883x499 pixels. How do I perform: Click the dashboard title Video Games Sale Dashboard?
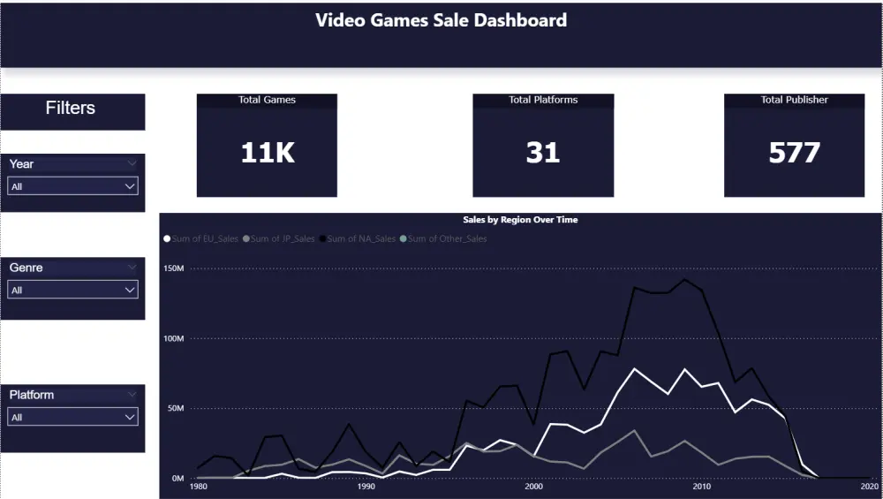point(441,19)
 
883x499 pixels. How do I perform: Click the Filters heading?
point(71,108)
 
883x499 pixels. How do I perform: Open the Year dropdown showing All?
point(72,186)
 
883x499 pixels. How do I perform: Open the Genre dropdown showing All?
point(72,290)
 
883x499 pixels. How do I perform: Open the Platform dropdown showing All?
point(72,417)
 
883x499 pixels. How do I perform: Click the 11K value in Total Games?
point(267,153)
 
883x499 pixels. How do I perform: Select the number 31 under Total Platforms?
point(542,153)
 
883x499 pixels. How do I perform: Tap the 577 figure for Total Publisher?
point(794,153)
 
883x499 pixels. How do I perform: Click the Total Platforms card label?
point(543,100)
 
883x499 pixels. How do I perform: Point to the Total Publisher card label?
point(794,100)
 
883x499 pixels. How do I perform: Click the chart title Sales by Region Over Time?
point(520,219)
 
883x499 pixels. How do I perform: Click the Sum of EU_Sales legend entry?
point(201,238)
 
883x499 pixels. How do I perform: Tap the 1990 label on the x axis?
point(366,486)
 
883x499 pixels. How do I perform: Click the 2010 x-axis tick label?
point(702,486)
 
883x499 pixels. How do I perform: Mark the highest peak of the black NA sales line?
point(685,280)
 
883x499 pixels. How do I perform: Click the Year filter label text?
point(22,163)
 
